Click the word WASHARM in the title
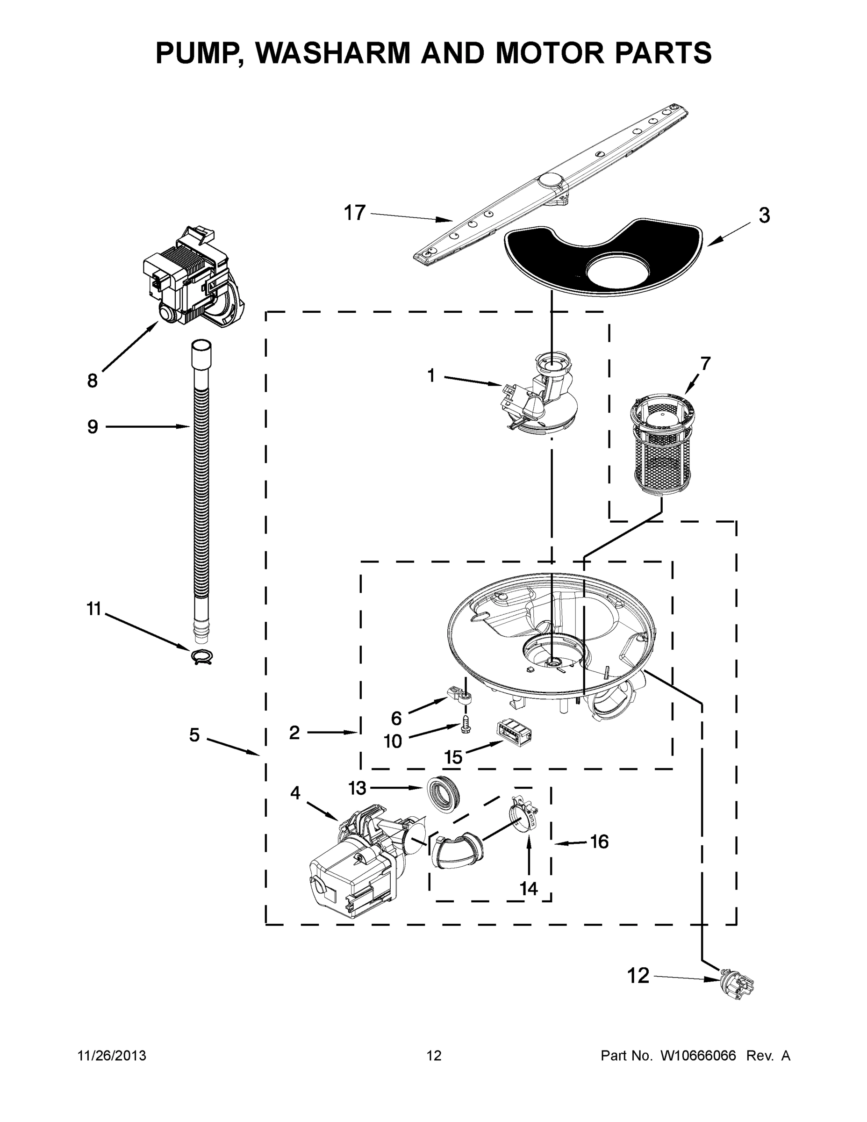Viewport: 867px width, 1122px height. [x=334, y=52]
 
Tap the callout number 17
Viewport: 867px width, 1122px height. [x=354, y=213]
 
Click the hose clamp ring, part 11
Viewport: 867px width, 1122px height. [x=202, y=656]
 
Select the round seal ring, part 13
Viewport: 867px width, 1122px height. [x=443, y=795]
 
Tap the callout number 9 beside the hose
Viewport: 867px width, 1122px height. [x=93, y=426]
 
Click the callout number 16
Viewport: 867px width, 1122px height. [x=599, y=841]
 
